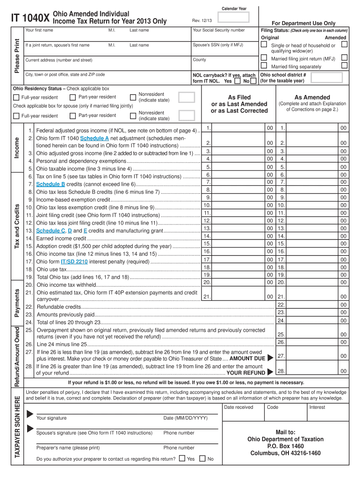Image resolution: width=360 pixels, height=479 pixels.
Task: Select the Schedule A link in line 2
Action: pos(94,139)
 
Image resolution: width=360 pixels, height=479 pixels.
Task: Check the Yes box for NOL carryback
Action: pos(236,81)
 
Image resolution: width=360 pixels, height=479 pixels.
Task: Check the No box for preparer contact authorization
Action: pos(202,459)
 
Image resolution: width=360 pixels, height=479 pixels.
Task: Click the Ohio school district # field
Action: pos(304,78)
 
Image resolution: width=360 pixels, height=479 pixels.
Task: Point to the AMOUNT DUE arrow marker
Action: pos(270,358)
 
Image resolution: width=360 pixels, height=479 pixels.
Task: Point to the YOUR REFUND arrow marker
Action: pos(270,373)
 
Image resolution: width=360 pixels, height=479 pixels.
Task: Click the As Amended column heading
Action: pos(312,97)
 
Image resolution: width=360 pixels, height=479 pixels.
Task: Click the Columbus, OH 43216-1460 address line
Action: pos(285,453)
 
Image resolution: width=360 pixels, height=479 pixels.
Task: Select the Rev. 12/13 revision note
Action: pos(202,20)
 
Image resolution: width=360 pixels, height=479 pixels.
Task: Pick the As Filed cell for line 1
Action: pos(238,128)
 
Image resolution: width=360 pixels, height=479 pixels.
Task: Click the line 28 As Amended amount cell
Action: pos(312,371)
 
